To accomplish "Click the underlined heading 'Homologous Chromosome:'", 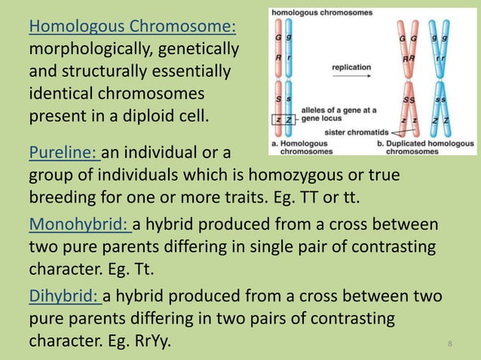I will pos(132,28).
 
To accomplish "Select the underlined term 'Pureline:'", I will pos(63,154).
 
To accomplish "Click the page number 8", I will pos(450,344).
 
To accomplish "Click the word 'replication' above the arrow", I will pos(351,67).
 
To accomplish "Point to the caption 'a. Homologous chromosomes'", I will pos(296,147).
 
